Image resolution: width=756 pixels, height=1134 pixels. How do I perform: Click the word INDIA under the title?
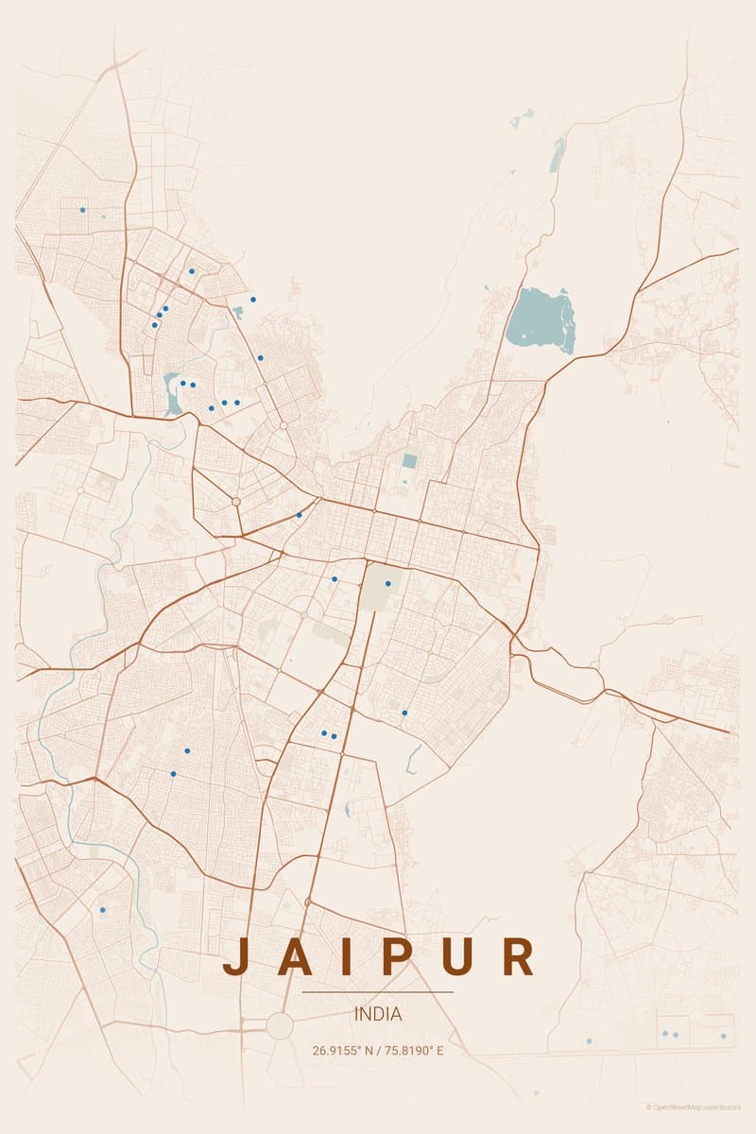coord(378,1014)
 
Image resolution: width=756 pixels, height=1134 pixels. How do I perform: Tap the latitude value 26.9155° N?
coord(344,1050)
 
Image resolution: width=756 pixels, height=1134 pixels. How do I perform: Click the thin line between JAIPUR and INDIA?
coord(378,992)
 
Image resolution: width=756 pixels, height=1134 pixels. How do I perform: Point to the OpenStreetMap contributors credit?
coord(695,1107)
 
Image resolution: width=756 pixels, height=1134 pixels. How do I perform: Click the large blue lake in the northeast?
coord(540,319)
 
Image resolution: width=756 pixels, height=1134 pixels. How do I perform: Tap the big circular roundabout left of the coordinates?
coord(280,1025)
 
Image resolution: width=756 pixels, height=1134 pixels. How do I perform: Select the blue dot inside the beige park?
coord(387,583)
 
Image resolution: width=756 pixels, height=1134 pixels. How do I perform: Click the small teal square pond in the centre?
coord(409,461)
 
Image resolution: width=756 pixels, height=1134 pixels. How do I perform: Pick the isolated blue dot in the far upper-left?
coord(82,210)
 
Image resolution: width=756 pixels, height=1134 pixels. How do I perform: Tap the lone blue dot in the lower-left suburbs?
coord(102,910)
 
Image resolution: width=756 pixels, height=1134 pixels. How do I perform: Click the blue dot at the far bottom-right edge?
coord(723,1036)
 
